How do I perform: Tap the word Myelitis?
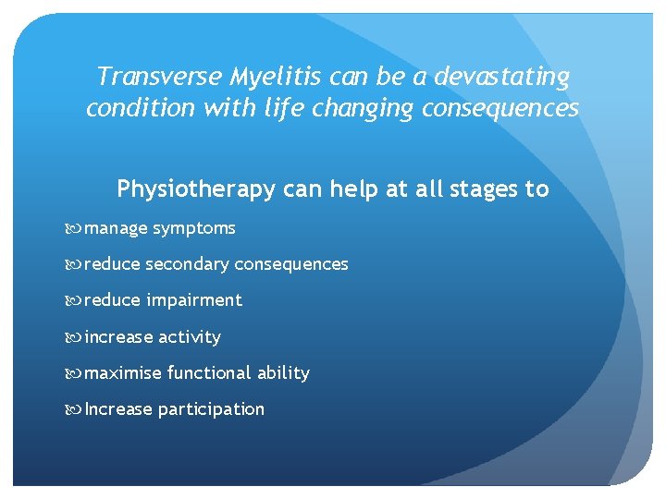(264, 76)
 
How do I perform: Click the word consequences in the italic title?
(500, 109)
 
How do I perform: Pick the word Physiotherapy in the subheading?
(196, 190)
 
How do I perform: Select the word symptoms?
(194, 229)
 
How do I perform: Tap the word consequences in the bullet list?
(291, 264)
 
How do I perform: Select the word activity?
(190, 337)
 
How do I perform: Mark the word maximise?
(123, 373)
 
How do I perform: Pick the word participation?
(211, 409)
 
